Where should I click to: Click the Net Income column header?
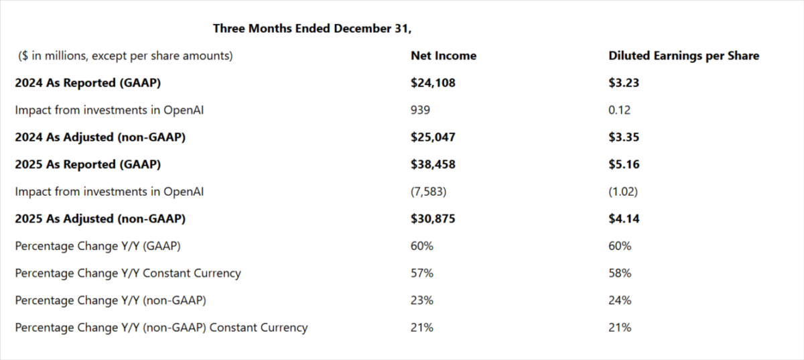click(443, 56)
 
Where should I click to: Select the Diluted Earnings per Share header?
click(683, 56)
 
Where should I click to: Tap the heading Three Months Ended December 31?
click(321, 28)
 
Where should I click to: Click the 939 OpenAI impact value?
click(420, 111)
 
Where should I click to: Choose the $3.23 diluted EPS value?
click(622, 83)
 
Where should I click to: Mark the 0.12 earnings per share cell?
click(620, 111)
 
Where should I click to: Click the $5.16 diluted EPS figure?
click(622, 164)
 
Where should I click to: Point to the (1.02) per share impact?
click(623, 192)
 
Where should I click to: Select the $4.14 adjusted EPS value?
click(622, 219)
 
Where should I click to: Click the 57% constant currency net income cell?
click(422, 274)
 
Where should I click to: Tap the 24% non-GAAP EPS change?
click(620, 300)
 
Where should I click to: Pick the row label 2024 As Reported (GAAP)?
click(88, 83)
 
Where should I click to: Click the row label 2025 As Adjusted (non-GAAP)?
click(100, 219)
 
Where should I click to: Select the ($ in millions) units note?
click(125, 56)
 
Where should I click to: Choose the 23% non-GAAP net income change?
click(422, 300)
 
